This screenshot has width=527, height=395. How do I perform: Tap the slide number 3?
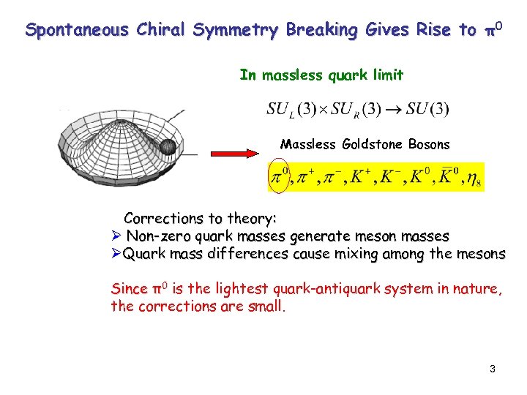493,369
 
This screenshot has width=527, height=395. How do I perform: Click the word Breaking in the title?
322,31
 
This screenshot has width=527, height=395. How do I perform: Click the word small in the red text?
265,306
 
